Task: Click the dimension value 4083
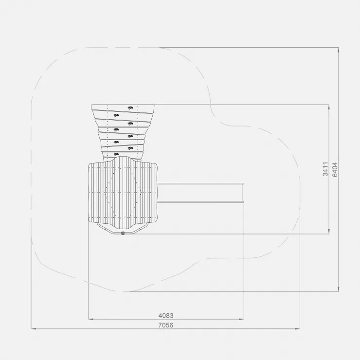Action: point(166,315)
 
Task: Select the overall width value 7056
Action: point(166,325)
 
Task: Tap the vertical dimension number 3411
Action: point(325,169)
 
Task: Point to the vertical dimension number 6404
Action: point(335,169)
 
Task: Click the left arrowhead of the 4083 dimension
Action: point(90,319)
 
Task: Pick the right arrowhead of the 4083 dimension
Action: point(241,319)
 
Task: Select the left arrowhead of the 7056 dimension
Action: point(34,329)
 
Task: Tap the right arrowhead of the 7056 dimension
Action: point(297,329)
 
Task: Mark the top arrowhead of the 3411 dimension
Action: point(329,107)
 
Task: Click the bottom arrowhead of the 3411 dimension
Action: point(329,232)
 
